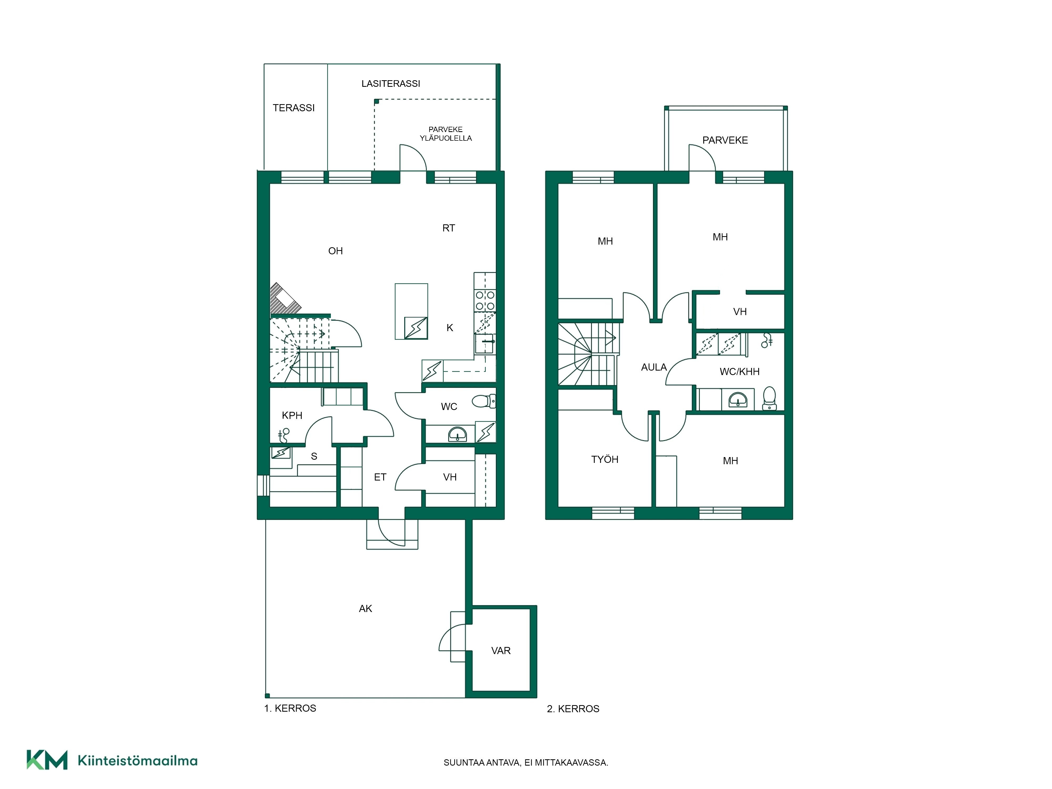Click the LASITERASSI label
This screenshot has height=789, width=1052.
pyautogui.click(x=391, y=84)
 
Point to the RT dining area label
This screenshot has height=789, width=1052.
pyautogui.click(x=448, y=228)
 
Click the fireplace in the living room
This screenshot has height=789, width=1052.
pyautogui.click(x=285, y=299)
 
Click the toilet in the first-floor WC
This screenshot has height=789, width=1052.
pyautogui.click(x=484, y=401)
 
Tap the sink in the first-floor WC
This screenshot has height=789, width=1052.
pyautogui.click(x=458, y=434)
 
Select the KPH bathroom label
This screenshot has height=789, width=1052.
pyautogui.click(x=292, y=416)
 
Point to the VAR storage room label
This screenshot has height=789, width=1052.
pyautogui.click(x=501, y=651)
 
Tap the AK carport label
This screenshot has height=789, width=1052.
pyautogui.click(x=365, y=609)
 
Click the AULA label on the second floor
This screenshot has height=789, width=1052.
pyautogui.click(x=654, y=367)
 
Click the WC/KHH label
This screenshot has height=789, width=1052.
pyautogui.click(x=740, y=372)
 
